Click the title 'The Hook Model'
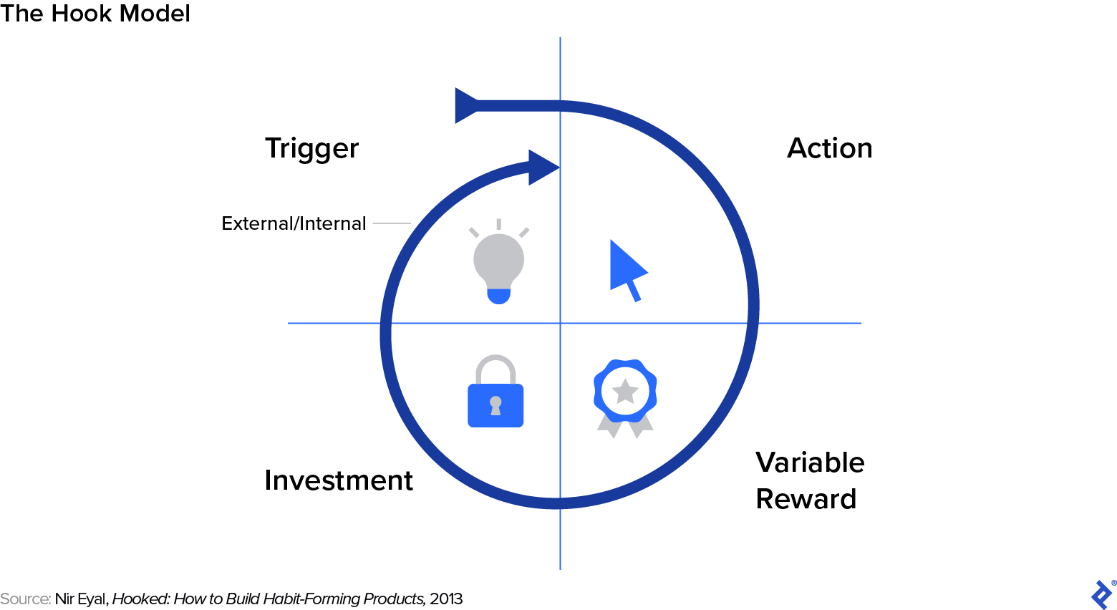click(x=95, y=14)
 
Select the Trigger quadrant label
click(x=311, y=149)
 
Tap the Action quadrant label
click(x=829, y=148)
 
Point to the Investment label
click(x=338, y=480)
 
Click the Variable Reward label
click(x=809, y=480)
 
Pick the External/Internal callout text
click(x=294, y=223)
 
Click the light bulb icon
click(x=498, y=262)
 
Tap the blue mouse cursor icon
click(x=627, y=269)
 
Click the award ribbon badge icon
click(x=625, y=397)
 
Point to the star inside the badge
click(x=625, y=391)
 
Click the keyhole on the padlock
click(x=495, y=406)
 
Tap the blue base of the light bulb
click(x=498, y=295)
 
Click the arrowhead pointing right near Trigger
click(x=543, y=168)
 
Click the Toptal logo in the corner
click(x=1101, y=594)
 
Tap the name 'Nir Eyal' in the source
click(x=81, y=599)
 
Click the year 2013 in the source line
click(x=446, y=599)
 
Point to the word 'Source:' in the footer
click(x=26, y=599)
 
